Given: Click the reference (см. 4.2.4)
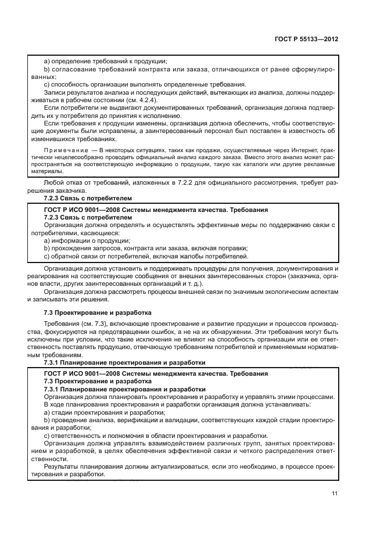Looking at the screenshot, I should (142, 99).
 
